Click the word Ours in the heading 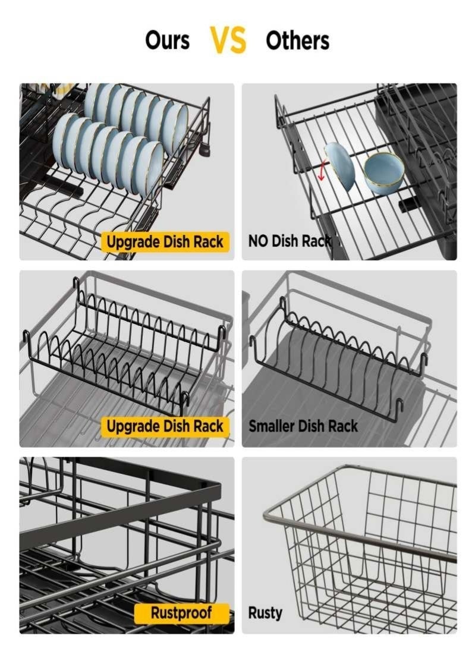click(x=167, y=40)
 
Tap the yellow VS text click(x=228, y=40)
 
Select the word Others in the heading click(x=297, y=40)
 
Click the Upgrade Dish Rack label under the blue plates click(x=165, y=242)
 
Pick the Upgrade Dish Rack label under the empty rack click(x=165, y=426)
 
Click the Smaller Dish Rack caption click(x=303, y=426)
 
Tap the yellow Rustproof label click(x=181, y=613)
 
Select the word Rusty click(x=265, y=613)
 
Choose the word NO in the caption click(x=258, y=241)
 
